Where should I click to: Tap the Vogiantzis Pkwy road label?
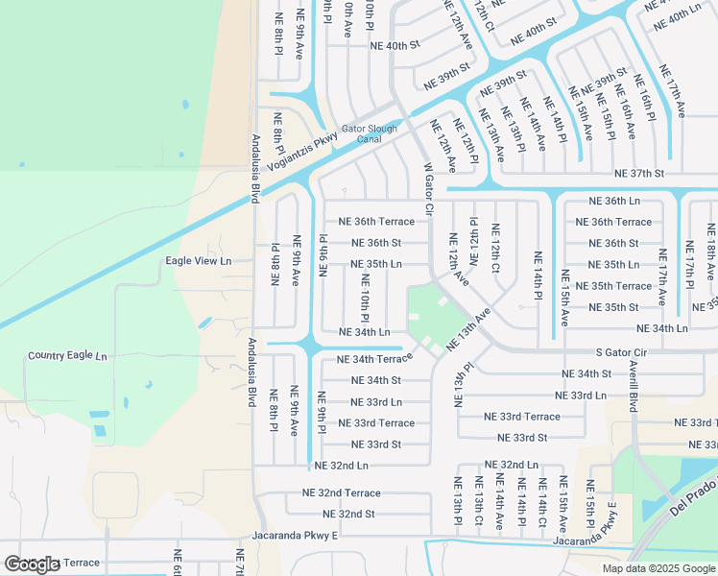pyautogui.click(x=302, y=152)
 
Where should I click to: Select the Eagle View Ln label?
pyautogui.click(x=199, y=260)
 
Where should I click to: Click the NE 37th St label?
pyautogui.click(x=639, y=174)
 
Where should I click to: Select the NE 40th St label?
pyautogui.click(x=395, y=45)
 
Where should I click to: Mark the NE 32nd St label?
pyautogui.click(x=342, y=514)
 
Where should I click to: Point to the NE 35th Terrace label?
pyautogui.click(x=620, y=286)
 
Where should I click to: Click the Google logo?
pyautogui.click(x=32, y=564)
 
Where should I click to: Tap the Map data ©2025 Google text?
pyautogui.click(x=658, y=568)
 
